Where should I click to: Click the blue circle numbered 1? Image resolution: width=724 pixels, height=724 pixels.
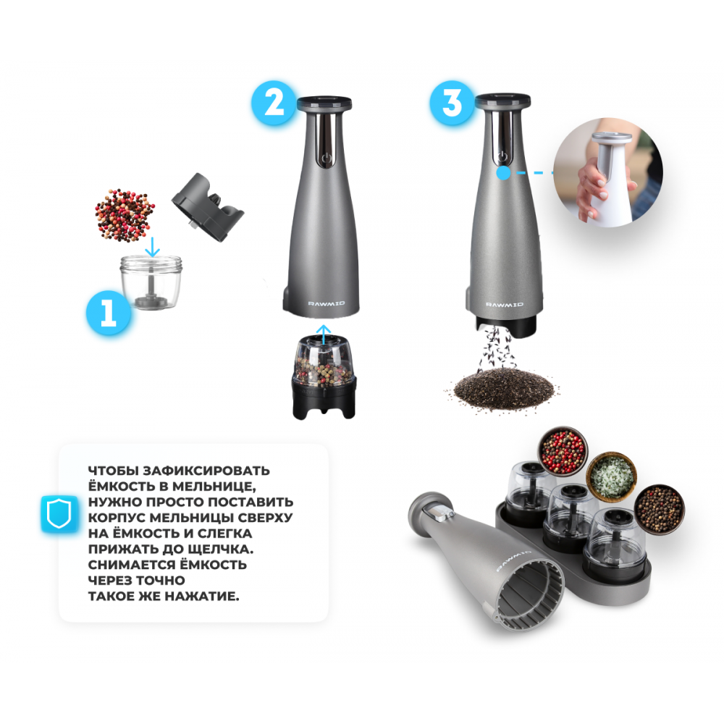tap(109, 313)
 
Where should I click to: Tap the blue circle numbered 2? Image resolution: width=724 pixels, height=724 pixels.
tap(274, 103)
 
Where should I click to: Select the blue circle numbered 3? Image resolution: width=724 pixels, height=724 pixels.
tap(452, 103)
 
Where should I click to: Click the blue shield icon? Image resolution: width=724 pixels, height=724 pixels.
tap(59, 514)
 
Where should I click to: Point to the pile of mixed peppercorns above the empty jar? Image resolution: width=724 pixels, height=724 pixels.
tap(125, 215)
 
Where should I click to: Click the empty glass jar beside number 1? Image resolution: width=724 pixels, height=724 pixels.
tap(151, 282)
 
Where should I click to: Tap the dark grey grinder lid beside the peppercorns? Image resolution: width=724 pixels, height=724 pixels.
tap(208, 207)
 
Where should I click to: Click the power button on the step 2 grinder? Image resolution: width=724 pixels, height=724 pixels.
tap(327, 159)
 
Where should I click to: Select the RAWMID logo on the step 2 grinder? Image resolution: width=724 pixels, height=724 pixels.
tap(327, 303)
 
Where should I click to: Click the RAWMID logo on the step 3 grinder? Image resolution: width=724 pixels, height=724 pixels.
tap(505, 304)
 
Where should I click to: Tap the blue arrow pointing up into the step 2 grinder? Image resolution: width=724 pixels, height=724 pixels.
tap(324, 334)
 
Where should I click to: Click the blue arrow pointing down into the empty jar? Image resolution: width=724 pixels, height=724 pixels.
tap(151, 247)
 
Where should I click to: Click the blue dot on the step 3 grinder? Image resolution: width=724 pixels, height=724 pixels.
tap(503, 173)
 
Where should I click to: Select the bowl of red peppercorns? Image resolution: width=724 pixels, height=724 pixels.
tap(563, 450)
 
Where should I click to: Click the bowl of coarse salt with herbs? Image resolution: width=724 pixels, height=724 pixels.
tap(611, 476)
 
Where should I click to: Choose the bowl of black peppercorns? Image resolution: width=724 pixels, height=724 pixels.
tap(660, 509)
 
